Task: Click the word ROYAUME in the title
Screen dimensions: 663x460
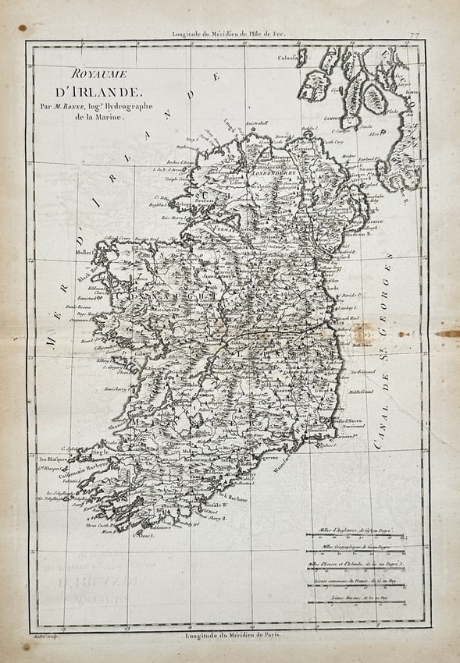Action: (93, 75)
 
